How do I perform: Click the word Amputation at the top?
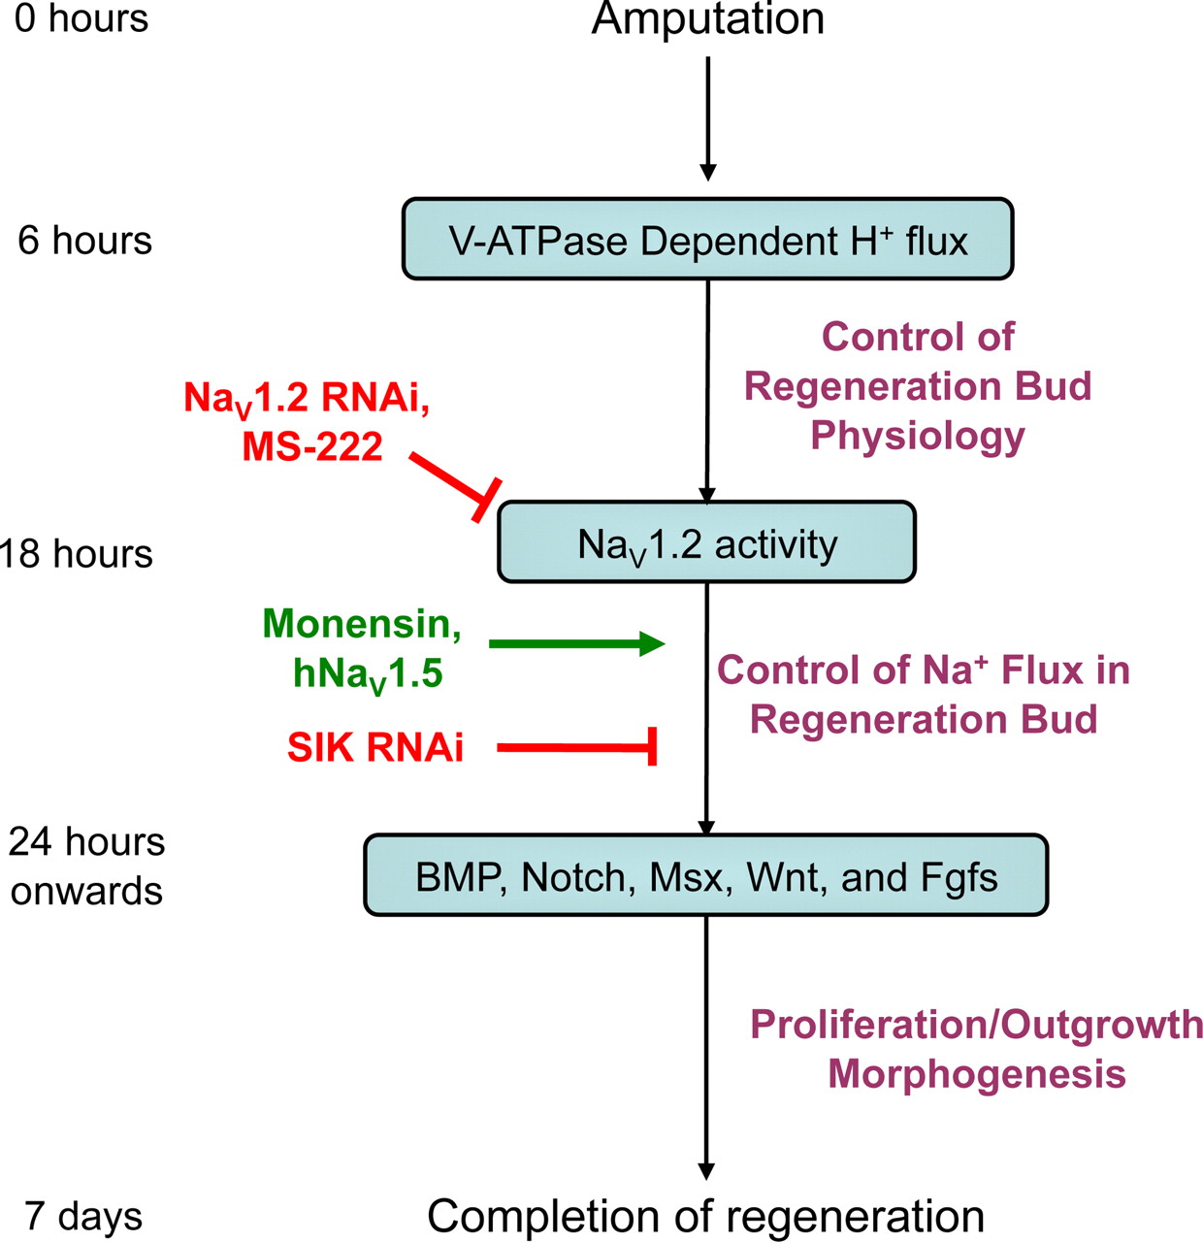pyautogui.click(x=707, y=19)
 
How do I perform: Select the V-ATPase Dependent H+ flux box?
pyautogui.click(x=707, y=240)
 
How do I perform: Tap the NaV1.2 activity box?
pyautogui.click(x=706, y=542)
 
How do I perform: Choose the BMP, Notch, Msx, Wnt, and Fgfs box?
pyautogui.click(x=705, y=876)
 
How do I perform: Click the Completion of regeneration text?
pyautogui.click(x=705, y=1216)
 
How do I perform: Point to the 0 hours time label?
pyautogui.click(x=81, y=18)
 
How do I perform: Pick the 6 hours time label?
pyautogui.click(x=84, y=241)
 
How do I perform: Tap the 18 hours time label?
pyautogui.click(x=78, y=554)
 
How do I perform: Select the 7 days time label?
pyautogui.click(x=83, y=1217)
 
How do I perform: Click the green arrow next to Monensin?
pyautogui.click(x=576, y=643)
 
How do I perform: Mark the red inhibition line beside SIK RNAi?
pyautogui.click(x=578, y=747)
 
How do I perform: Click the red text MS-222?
pyautogui.click(x=312, y=446)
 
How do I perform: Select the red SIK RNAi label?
pyautogui.click(x=374, y=747)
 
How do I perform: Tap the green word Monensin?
pyautogui.click(x=361, y=624)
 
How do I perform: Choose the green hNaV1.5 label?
pyautogui.click(x=368, y=673)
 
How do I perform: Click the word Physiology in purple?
pyautogui.click(x=917, y=436)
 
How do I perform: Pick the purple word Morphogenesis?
pyautogui.click(x=976, y=1074)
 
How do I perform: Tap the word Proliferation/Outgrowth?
pyautogui.click(x=976, y=1025)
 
